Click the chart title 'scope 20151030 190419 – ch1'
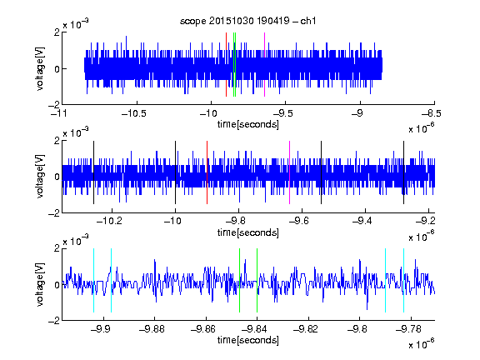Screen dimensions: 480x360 247,21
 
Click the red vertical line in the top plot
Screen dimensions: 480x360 226,65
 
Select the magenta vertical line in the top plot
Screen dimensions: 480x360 264,65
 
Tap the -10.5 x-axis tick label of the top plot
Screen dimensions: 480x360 134,113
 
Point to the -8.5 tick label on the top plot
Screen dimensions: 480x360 431,113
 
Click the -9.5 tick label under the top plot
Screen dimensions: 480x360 282,113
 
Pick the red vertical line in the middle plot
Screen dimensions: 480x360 207,172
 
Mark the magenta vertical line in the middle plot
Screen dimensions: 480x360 290,172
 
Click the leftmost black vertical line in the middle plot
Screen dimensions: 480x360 93,172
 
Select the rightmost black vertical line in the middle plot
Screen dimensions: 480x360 404,172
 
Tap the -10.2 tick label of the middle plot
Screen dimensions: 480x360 109,221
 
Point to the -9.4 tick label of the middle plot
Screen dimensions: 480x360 362,221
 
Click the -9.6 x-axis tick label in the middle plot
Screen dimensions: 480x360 298,221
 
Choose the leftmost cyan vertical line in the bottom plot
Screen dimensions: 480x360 93,280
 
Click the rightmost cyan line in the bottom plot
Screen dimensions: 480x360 404,280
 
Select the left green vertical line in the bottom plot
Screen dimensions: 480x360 239,280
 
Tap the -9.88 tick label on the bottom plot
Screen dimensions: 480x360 152,329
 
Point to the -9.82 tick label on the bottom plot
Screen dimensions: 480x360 306,329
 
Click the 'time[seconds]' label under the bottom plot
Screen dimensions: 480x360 248,340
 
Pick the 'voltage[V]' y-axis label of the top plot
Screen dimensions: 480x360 40,68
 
